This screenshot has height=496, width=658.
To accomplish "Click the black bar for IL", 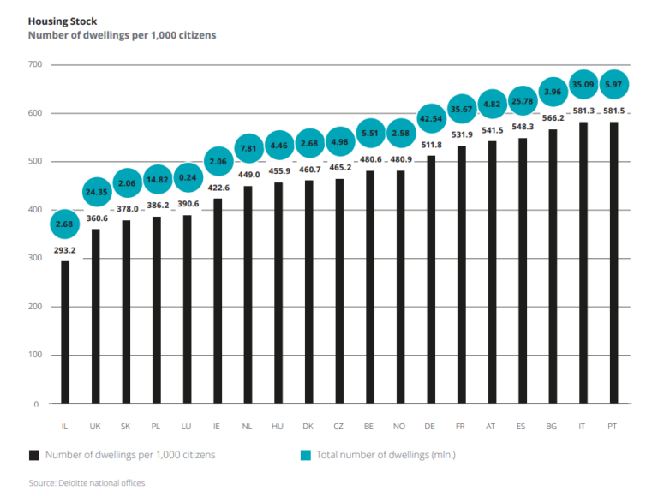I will (65, 332).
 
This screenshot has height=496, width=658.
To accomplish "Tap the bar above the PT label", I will (613, 262).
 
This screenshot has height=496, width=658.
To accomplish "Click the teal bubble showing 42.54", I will (430, 118).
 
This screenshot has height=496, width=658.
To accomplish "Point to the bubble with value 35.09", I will (583, 85).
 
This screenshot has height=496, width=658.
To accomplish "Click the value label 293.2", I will (65, 250).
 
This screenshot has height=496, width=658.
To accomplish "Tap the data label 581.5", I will (613, 111).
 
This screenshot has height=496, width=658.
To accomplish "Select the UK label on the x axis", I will (95, 426).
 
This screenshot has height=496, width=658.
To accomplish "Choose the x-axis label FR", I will (461, 426).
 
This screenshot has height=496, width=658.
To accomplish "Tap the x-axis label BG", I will (553, 426).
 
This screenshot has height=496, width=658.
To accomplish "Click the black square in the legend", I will (34, 455).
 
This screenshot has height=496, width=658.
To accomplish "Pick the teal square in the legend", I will (307, 455).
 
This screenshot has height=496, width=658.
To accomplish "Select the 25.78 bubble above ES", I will (522, 101).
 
